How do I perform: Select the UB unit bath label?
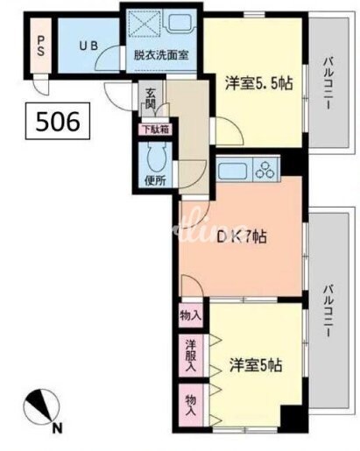pyautogui.click(x=89, y=46)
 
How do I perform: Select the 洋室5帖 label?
pyautogui.click(x=256, y=363)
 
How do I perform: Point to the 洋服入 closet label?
pyautogui.click(x=189, y=356)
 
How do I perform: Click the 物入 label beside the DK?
pyautogui.click(x=190, y=315)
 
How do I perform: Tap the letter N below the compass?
pyautogui.click(x=58, y=427)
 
